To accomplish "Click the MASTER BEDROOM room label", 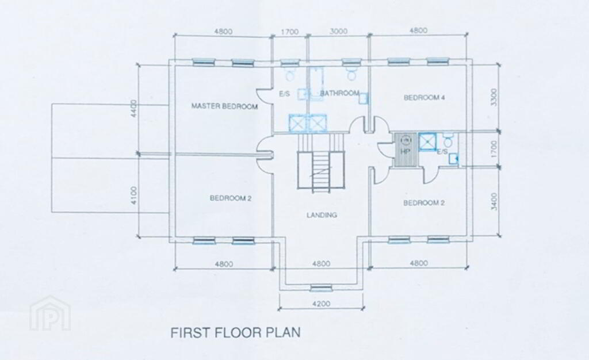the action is click(x=225, y=106).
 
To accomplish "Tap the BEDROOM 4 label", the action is click(x=424, y=98).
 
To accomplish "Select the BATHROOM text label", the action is click(x=339, y=93).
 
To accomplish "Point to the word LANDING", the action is click(x=322, y=215).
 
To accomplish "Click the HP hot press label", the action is click(x=405, y=152).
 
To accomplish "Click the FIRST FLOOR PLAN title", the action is click(x=235, y=332).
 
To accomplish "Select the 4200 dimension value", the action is click(x=321, y=304).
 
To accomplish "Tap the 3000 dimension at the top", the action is click(x=338, y=32).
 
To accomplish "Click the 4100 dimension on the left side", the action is click(x=135, y=196).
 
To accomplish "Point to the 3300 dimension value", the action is click(x=494, y=97).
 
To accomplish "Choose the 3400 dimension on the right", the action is click(x=494, y=201).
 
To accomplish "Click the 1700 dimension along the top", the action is click(x=290, y=32).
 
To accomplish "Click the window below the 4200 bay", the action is click(x=321, y=288).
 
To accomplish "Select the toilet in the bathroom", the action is click(x=351, y=74).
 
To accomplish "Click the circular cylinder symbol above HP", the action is click(x=406, y=141).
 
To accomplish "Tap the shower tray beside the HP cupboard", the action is click(x=427, y=141).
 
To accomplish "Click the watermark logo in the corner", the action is click(x=51, y=313).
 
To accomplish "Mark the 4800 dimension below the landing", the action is click(x=321, y=264).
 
